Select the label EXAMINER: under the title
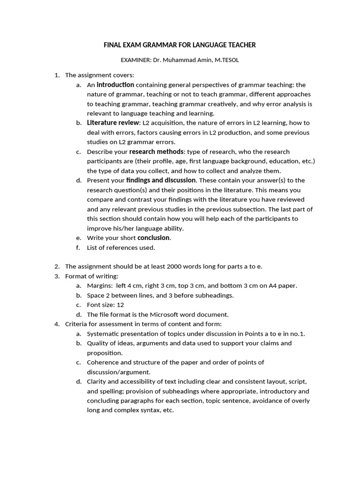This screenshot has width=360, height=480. pyautogui.click(x=135, y=60)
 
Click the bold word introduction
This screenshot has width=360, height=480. pyautogui.click(x=115, y=85)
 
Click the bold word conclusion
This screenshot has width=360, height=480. pyautogui.click(x=153, y=238)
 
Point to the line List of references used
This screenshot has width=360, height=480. pyautogui.click(x=120, y=247)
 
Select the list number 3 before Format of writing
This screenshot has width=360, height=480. pyautogui.click(x=57, y=276)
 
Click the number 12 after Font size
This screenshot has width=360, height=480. pyautogui.click(x=120, y=305)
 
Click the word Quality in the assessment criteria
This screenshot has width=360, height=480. pyautogui.click(x=97, y=343)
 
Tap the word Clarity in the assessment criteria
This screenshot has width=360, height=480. pyautogui.click(x=97, y=382)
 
